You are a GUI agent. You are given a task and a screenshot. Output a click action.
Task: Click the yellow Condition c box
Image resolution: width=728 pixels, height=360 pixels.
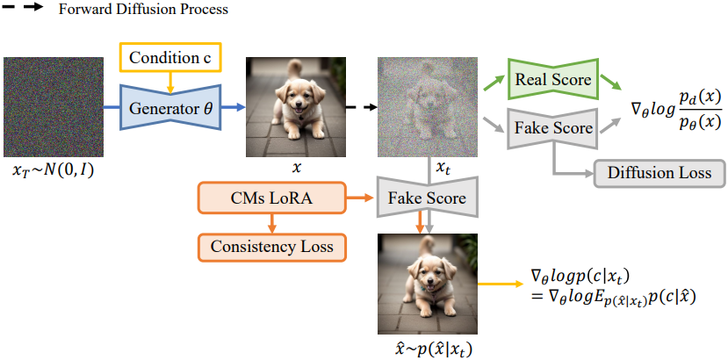tap(171, 59)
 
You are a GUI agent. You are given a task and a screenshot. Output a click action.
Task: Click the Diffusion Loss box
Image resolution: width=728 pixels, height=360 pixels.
tap(659, 173)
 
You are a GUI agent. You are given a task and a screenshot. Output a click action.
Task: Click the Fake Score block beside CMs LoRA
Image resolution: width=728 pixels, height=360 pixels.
tap(429, 197)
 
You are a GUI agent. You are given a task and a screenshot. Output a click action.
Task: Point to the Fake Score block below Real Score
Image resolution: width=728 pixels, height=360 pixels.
tap(553, 128)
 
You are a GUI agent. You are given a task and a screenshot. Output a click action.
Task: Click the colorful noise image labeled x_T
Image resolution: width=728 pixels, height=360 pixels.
tap(48, 106)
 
